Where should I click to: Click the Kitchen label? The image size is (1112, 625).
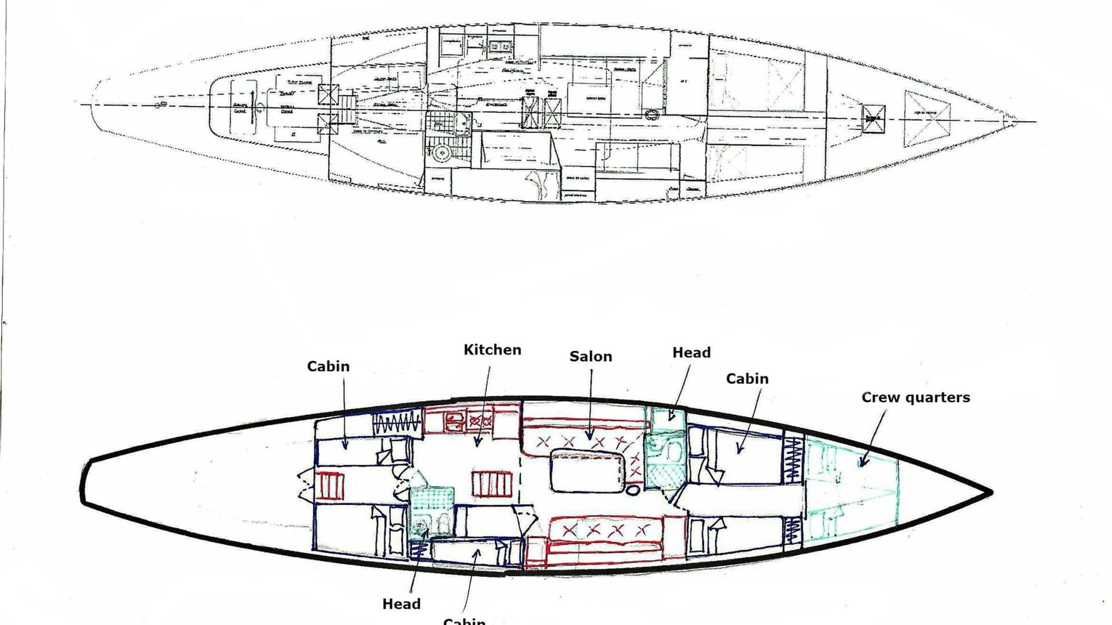[x=492, y=350]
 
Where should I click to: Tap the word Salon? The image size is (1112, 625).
[x=590, y=356]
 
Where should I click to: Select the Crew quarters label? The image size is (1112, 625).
[x=915, y=397]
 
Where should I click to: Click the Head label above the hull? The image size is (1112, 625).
[x=691, y=352]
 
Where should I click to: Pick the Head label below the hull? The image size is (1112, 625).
[x=401, y=604]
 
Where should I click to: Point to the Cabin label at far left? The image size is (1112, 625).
[x=328, y=366]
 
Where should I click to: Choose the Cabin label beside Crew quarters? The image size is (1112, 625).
[x=747, y=378]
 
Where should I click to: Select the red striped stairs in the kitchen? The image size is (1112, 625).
[x=492, y=484]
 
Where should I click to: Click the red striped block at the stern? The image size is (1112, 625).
[x=328, y=486]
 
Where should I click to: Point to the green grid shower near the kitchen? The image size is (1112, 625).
[x=431, y=497]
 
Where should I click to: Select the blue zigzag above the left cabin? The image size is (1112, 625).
[x=397, y=424]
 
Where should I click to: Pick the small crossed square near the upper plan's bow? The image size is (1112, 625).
[x=873, y=118]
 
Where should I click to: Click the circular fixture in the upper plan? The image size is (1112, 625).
[x=442, y=152]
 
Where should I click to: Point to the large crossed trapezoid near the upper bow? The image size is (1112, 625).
[x=927, y=123]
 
